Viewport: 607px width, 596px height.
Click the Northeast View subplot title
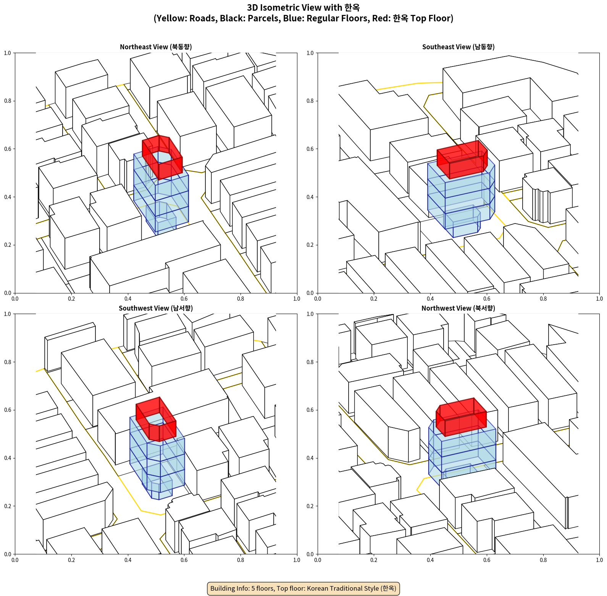pyautogui.click(x=156, y=47)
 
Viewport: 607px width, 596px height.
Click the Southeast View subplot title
pyautogui.click(x=458, y=47)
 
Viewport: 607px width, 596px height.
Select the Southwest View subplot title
pyautogui.click(x=156, y=308)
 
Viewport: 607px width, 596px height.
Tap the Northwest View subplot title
pyautogui.click(x=458, y=308)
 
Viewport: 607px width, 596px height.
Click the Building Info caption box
pyautogui.click(x=303, y=588)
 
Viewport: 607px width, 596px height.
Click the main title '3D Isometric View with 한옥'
pyautogui.click(x=303, y=8)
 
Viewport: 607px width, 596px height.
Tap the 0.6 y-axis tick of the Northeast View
pyautogui.click(x=8, y=149)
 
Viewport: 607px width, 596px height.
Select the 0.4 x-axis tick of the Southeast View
pyautogui.click(x=430, y=299)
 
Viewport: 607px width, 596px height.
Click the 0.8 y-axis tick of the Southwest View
pyautogui.click(x=8, y=362)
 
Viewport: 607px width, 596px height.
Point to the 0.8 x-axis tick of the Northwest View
pyautogui.click(x=543, y=560)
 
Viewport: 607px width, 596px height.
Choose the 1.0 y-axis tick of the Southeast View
pyautogui.click(x=310, y=53)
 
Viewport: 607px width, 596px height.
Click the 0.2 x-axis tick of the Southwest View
pyautogui.click(x=71, y=560)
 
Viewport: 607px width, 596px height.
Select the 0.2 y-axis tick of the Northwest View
pyautogui.click(x=310, y=506)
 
